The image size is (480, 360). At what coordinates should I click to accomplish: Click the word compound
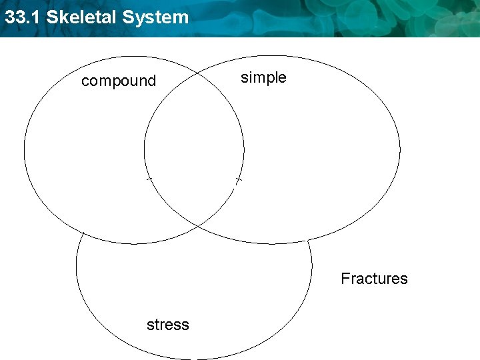(x=119, y=81)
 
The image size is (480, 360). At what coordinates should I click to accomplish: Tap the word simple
(x=263, y=78)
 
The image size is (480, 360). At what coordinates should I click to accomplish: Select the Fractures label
(x=374, y=279)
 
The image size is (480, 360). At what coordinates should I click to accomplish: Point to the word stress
(x=168, y=325)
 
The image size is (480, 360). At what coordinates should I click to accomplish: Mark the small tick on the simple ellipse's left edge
(x=148, y=178)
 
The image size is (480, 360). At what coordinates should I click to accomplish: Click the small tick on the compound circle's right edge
(x=238, y=180)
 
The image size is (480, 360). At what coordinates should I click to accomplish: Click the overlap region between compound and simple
(x=193, y=147)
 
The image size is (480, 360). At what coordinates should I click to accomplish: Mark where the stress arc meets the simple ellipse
(x=307, y=239)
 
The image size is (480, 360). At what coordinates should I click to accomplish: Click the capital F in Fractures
(x=345, y=279)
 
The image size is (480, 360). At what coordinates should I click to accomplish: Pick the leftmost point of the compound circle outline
(x=25, y=150)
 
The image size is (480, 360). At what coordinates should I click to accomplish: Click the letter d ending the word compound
(x=152, y=81)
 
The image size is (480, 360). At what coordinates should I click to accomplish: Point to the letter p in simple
(x=269, y=79)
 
